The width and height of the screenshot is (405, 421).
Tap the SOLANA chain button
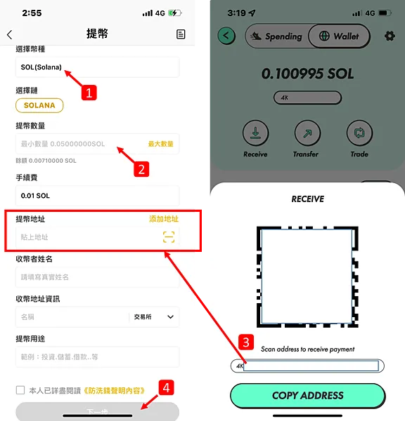[x=39, y=105]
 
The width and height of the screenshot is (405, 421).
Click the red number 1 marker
[x=88, y=92]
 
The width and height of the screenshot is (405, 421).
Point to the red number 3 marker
[x=245, y=342]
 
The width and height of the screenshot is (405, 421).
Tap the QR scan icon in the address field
[x=169, y=237]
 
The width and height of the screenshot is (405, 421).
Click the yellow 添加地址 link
[x=164, y=219]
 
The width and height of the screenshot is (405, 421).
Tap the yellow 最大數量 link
[x=160, y=144]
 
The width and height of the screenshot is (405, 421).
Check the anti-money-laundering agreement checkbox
[x=20, y=390]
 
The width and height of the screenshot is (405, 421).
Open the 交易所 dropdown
[x=153, y=317]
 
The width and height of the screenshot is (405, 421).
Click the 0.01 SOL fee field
[x=97, y=196]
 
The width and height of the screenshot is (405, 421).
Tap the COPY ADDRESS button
[x=307, y=396]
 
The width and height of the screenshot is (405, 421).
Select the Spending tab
[x=276, y=36]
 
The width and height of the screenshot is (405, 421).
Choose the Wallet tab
[x=339, y=36]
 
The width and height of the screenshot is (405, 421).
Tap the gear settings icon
[x=390, y=36]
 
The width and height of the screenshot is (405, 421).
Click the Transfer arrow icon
[x=306, y=133]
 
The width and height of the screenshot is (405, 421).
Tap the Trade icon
[x=359, y=133]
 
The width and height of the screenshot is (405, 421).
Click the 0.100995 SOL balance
[x=307, y=73]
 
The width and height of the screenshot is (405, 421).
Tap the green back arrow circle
[x=226, y=36]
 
